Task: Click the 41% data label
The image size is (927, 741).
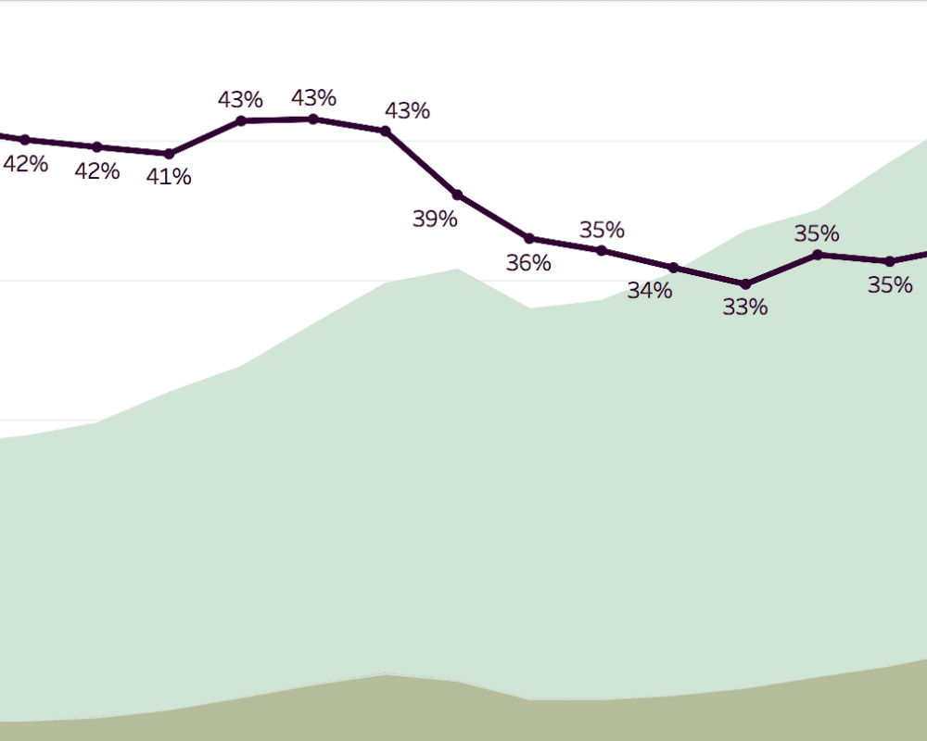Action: [169, 177]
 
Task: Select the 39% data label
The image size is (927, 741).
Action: [435, 220]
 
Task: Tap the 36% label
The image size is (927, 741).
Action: [528, 263]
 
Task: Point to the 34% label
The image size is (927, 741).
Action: [649, 291]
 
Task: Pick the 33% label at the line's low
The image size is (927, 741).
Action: [745, 308]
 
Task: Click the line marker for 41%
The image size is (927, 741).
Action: [169, 154]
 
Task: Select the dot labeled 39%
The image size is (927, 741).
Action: [457, 195]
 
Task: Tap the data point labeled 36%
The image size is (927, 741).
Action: [529, 238]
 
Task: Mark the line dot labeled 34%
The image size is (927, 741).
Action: [674, 268]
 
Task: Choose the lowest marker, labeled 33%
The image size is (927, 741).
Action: [745, 283]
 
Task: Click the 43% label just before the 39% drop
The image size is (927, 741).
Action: [407, 111]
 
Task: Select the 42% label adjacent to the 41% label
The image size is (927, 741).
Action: [97, 171]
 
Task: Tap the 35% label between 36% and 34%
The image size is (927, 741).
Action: [602, 230]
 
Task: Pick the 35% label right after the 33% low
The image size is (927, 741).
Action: [817, 233]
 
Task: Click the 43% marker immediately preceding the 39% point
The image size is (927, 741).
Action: [386, 131]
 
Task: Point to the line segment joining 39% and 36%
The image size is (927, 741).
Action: [493, 217]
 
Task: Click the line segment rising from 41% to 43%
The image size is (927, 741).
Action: [205, 137]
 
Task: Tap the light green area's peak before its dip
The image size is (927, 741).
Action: [457, 270]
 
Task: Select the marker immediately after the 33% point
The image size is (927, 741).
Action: [818, 254]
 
